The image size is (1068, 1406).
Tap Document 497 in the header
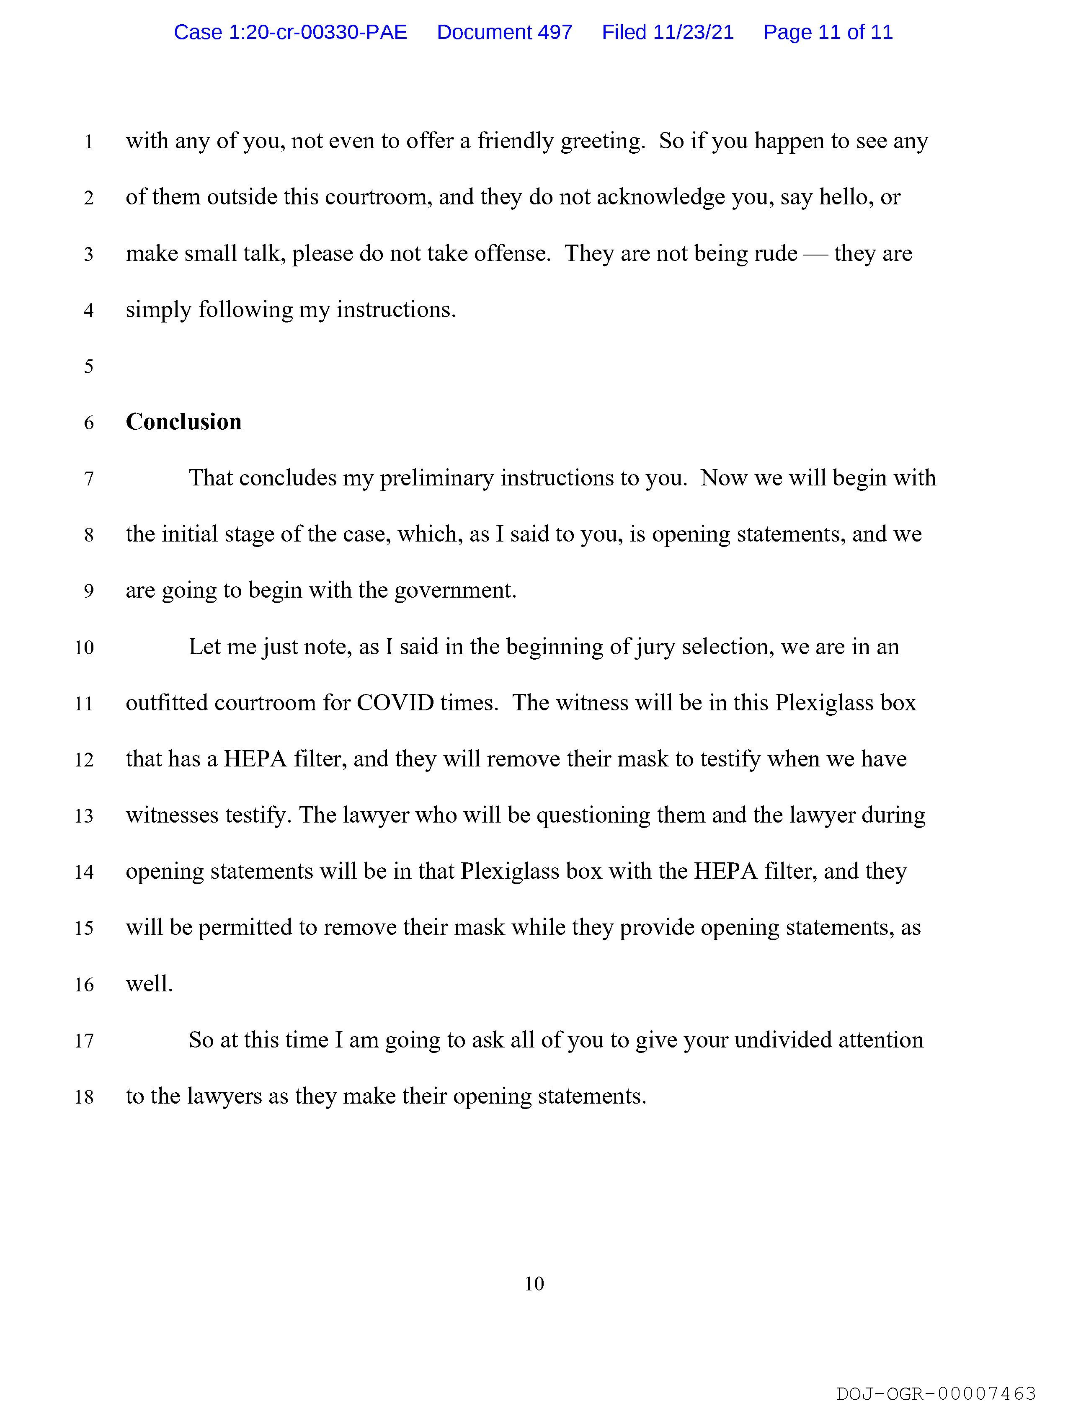point(504,32)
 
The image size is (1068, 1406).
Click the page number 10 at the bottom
point(534,1285)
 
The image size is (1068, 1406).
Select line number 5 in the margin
point(88,367)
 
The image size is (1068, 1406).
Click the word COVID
point(395,703)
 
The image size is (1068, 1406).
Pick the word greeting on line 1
point(602,141)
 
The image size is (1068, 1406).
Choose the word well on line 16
point(149,985)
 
